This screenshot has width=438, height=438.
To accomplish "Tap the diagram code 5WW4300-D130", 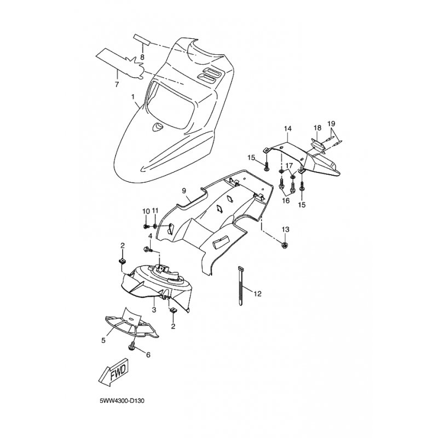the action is (x=122, y=401).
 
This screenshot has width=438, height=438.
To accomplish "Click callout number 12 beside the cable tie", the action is (x=257, y=293).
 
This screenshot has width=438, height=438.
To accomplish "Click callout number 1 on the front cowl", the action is (x=133, y=97).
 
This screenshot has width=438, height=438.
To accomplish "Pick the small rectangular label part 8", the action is (x=142, y=39).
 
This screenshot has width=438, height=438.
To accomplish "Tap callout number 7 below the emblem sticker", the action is (x=117, y=84).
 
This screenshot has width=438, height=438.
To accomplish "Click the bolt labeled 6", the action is (x=132, y=347).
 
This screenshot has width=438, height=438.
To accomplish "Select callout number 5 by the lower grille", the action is (x=103, y=341).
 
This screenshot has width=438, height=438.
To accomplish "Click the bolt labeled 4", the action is (x=147, y=249).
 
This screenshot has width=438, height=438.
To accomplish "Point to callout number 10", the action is (x=146, y=211).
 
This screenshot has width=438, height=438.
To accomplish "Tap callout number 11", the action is (x=155, y=211).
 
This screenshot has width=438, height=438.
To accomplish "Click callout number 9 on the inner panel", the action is (x=184, y=191).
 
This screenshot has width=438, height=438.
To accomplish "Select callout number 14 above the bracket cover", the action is (x=288, y=129).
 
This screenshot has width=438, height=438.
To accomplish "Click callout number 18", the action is (x=318, y=128).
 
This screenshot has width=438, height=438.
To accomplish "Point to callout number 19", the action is (x=331, y=123).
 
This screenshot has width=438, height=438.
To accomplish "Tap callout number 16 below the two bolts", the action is (x=286, y=200).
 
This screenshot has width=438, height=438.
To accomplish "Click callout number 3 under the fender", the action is (x=154, y=310).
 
